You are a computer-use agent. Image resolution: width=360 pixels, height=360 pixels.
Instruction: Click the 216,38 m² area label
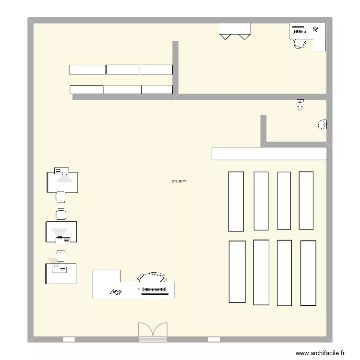179,181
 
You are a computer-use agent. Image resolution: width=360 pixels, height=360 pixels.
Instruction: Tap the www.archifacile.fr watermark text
320,353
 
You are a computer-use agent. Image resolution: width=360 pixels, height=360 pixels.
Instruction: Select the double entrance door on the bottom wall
153,332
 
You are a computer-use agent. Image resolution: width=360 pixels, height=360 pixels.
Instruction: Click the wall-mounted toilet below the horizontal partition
300,105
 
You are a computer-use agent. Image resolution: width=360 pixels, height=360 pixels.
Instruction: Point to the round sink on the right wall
323,125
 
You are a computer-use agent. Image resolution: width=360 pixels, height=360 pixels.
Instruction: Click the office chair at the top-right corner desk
300,44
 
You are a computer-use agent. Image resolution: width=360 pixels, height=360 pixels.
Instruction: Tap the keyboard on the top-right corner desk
298,32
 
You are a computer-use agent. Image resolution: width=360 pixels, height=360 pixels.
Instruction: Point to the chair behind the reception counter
152,277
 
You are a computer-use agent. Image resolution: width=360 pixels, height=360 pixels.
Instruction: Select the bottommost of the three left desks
60,274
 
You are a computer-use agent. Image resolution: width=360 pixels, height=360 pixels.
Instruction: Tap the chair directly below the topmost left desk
61,197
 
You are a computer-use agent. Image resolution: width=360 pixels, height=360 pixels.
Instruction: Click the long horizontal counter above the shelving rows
269,154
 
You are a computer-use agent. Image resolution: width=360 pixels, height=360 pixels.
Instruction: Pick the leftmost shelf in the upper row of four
236,201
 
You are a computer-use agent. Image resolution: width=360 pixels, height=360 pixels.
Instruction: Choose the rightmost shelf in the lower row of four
308,273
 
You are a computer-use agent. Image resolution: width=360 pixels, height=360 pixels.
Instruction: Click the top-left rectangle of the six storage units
87,70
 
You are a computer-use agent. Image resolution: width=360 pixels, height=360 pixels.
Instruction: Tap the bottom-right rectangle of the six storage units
156,89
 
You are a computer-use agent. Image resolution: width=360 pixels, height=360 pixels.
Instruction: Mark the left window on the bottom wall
69,339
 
